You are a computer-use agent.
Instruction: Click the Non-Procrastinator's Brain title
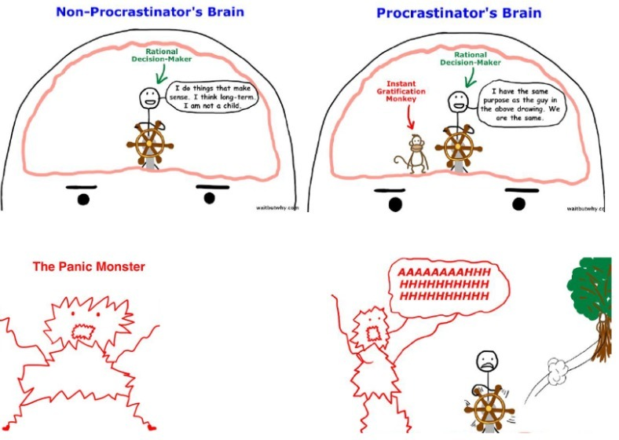pyautogui.click(x=150, y=12)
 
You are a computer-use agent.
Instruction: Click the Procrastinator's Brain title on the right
pyautogui.click(x=459, y=13)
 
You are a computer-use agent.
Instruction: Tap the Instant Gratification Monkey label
pyautogui.click(x=401, y=91)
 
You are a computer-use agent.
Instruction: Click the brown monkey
pyautogui.click(x=413, y=154)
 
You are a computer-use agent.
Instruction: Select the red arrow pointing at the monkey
pyautogui.click(x=410, y=117)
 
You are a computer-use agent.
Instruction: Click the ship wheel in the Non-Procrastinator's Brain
pyautogui.click(x=150, y=144)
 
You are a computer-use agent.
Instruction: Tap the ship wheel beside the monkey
pyautogui.click(x=458, y=148)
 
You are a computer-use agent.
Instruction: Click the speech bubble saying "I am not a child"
pyautogui.click(x=212, y=97)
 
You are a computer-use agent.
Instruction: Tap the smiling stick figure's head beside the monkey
pyautogui.click(x=458, y=101)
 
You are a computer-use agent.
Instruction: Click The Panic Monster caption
pyautogui.click(x=89, y=266)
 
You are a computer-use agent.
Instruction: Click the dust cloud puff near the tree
pyautogui.click(x=558, y=371)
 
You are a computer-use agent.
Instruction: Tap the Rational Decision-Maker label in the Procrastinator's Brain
pyautogui.click(x=471, y=58)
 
